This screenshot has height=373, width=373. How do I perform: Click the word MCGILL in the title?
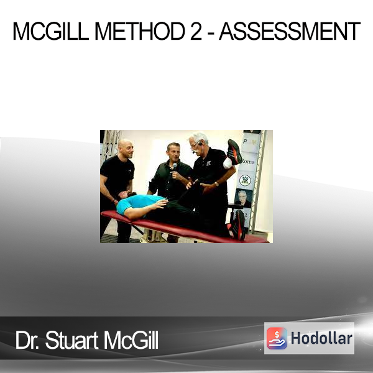pyautogui.click(x=50, y=31)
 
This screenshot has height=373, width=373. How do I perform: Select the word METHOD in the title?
pyautogui.click(x=140, y=31)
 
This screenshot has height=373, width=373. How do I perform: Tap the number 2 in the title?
pyautogui.click(x=196, y=31)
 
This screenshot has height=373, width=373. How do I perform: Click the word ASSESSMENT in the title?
pyautogui.click(x=290, y=31)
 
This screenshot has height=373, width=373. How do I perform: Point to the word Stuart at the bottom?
pyautogui.click(x=71, y=341)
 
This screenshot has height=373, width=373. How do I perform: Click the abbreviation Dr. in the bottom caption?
pyautogui.click(x=27, y=341)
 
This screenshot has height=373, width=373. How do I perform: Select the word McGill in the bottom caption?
pyautogui.click(x=131, y=341)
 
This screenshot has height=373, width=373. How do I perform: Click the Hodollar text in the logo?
pyautogui.click(x=321, y=338)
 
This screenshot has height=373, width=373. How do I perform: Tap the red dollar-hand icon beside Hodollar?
pyautogui.click(x=277, y=338)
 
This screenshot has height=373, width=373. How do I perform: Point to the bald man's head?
pyautogui.click(x=126, y=149)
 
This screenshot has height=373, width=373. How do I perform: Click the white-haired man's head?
pyautogui.click(x=198, y=142)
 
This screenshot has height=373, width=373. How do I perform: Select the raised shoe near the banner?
pyautogui.click(x=234, y=152)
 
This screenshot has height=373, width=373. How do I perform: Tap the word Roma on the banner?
pyautogui.click(x=248, y=162)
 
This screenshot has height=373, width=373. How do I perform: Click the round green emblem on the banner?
pyautogui.click(x=245, y=180)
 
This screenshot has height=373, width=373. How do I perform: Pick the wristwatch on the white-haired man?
pyautogui.click(x=216, y=184)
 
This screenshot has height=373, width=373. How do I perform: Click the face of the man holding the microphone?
pyautogui.click(x=174, y=153)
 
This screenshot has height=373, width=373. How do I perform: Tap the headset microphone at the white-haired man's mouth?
pyautogui.click(x=194, y=152)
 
